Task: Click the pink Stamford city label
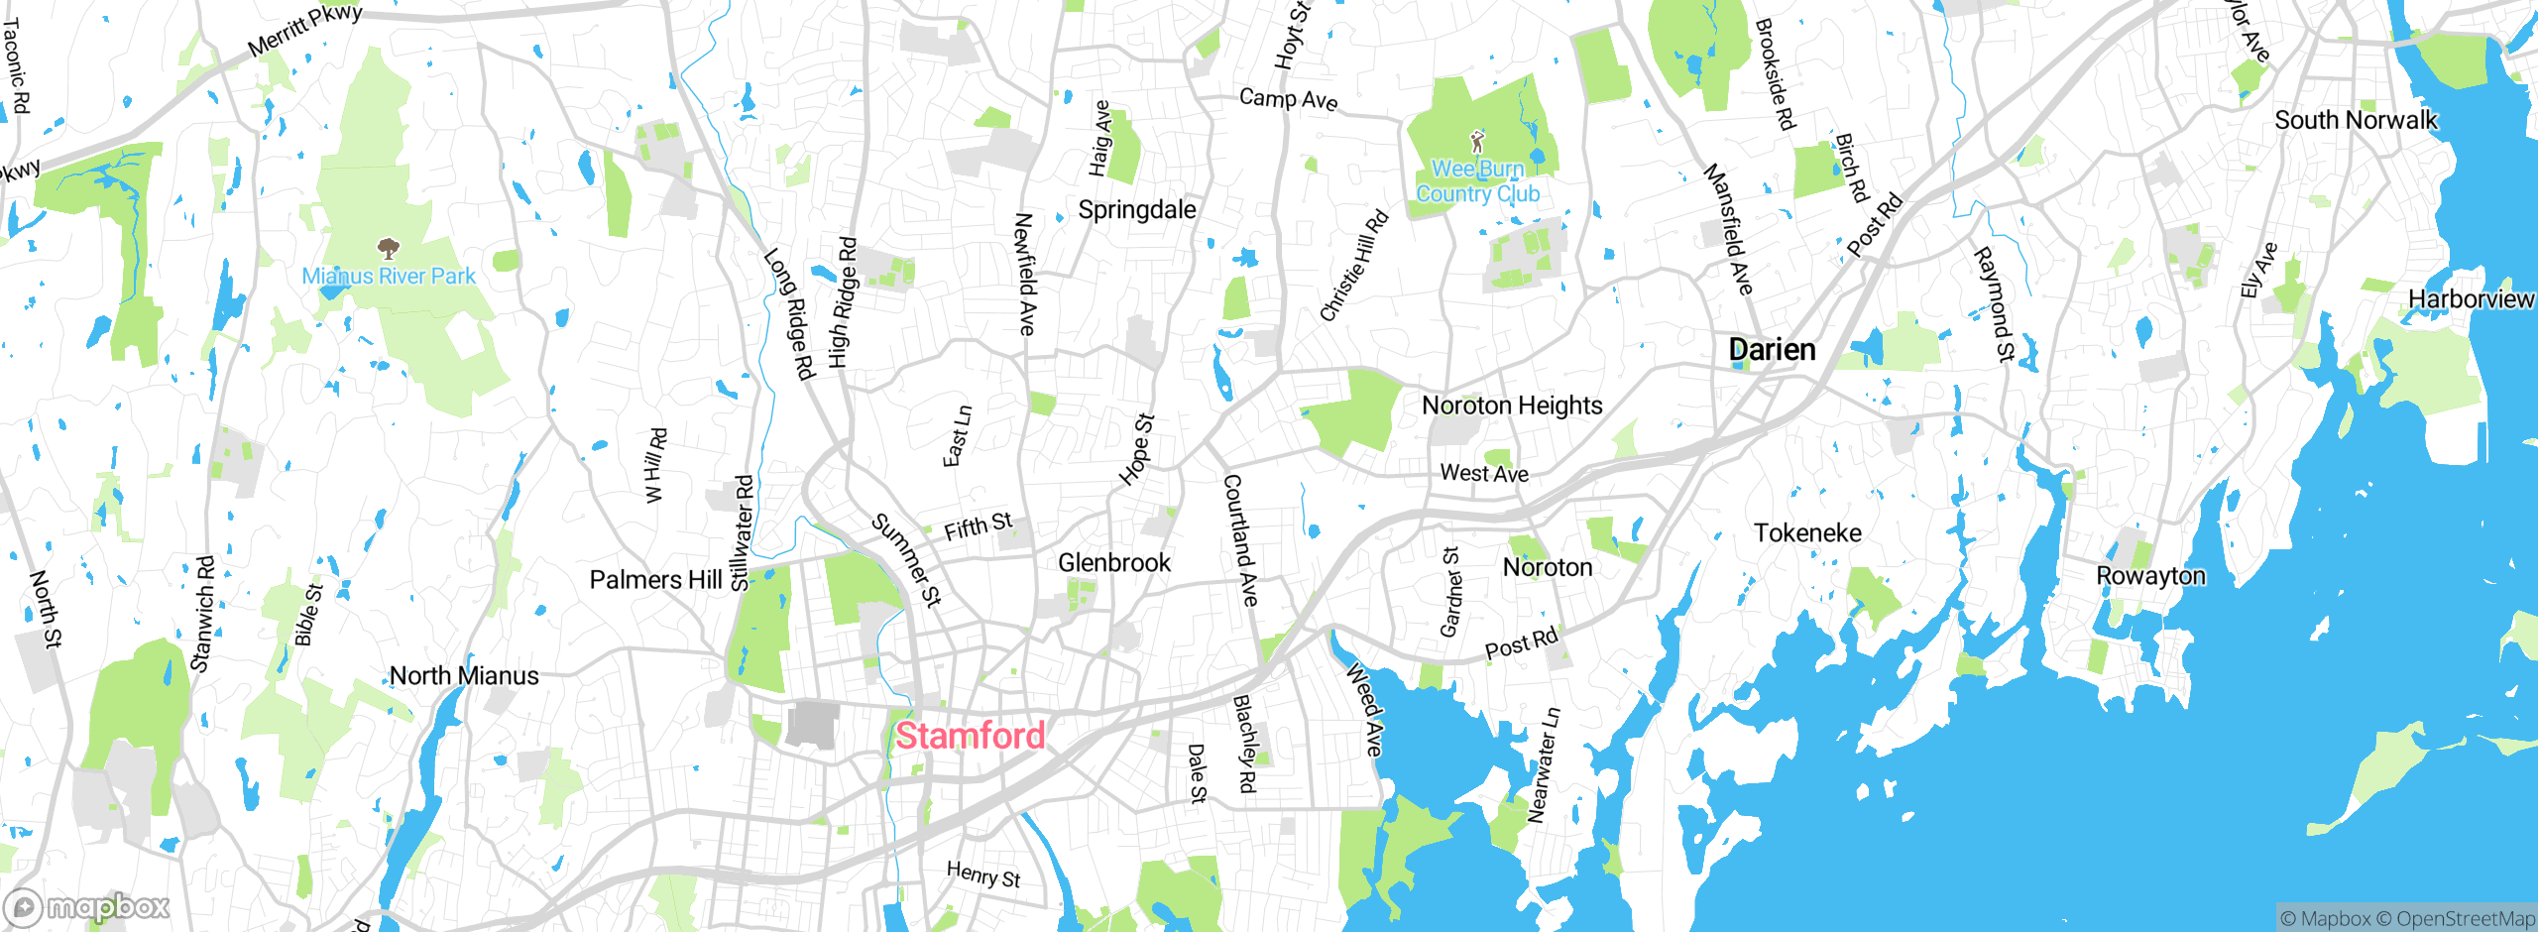(x=970, y=736)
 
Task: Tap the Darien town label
(x=1772, y=350)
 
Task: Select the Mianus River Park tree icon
(x=389, y=248)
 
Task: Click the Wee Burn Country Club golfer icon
(x=1477, y=141)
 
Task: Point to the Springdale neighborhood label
(x=1136, y=210)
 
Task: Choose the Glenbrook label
(x=1114, y=563)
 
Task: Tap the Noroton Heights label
(x=1512, y=406)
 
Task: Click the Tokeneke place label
(x=1807, y=533)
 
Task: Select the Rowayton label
(x=2150, y=576)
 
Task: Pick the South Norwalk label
(x=2355, y=121)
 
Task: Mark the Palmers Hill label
(x=655, y=580)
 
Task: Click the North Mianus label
(x=464, y=676)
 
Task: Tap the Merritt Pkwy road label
(x=304, y=31)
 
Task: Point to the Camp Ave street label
(x=1288, y=99)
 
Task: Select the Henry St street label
(x=982, y=874)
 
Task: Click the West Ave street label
(x=1483, y=474)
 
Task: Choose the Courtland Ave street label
(x=1240, y=540)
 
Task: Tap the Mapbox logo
(x=87, y=906)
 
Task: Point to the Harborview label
(x=2470, y=299)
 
